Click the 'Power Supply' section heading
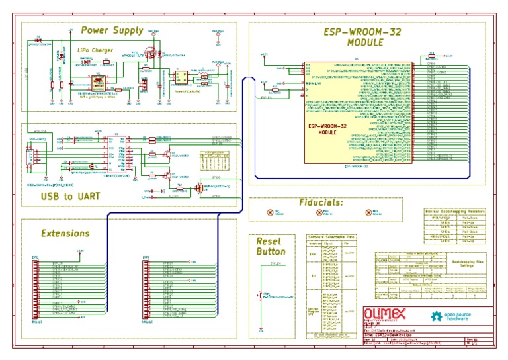(x=112, y=30)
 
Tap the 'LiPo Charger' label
(x=94, y=50)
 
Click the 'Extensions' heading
(x=65, y=233)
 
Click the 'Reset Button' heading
(x=271, y=246)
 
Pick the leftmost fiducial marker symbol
(x=269, y=212)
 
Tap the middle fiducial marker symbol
(x=319, y=212)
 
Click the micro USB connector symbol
(x=29, y=157)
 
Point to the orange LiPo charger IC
(x=98, y=82)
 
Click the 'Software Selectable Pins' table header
(x=331, y=236)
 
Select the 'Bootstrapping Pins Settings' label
(x=467, y=264)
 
